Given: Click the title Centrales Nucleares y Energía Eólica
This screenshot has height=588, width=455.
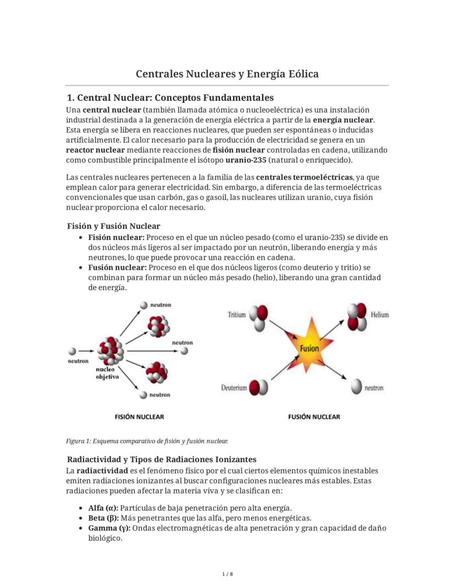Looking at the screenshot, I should coord(227,74).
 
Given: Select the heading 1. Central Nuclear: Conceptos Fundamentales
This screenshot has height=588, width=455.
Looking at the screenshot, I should coord(170,98).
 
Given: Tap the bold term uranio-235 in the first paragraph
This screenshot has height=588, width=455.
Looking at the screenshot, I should coord(246,160).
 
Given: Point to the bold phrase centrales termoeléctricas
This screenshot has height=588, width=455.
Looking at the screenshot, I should coord(304,177).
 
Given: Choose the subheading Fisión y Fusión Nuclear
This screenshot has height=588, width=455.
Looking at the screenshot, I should coord(114,226).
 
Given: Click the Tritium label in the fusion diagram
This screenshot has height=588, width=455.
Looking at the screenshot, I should coord(236,315).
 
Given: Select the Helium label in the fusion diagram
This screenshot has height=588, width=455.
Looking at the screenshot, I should coord(379,315).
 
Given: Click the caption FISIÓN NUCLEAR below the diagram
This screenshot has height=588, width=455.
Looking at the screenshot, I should coord(139,417).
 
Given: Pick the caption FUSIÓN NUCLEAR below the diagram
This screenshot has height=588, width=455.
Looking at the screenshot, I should coord(314,417).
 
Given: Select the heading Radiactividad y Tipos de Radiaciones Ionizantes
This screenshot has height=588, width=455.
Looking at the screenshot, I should coord(162,459).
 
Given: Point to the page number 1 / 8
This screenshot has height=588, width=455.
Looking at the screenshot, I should coord(227,574).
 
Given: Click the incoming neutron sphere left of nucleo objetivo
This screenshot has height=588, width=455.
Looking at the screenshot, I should coord(72,351).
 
